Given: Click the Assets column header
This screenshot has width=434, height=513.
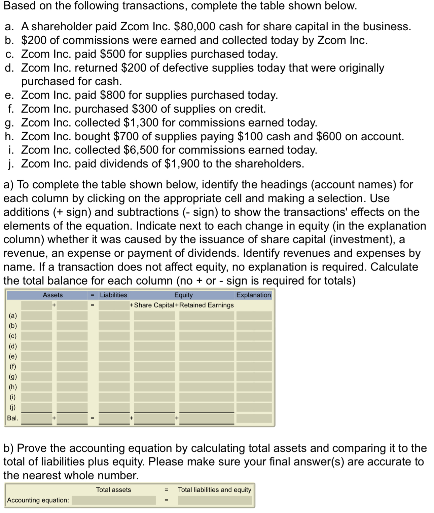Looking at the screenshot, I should pyautogui.click(x=52, y=295).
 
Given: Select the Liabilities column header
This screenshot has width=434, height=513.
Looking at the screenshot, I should pyautogui.click(x=113, y=295).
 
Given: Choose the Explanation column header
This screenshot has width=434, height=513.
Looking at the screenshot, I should pyautogui.click(x=253, y=295).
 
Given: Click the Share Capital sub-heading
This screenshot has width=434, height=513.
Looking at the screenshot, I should pyautogui.click(x=154, y=305).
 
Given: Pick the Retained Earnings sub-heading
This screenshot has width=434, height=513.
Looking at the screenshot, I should pyautogui.click(x=207, y=305).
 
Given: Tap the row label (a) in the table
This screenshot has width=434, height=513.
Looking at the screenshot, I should pyautogui.click(x=13, y=316).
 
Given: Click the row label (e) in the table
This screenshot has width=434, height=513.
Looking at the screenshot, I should pyautogui.click(x=13, y=356).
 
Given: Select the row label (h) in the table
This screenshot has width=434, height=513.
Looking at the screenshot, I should pyautogui.click(x=13, y=387).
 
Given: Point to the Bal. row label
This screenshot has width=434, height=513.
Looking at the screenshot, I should pyautogui.click(x=13, y=418).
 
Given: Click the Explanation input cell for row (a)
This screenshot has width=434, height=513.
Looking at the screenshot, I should pyautogui.click(x=254, y=316).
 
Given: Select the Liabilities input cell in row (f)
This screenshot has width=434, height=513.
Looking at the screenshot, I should pyautogui.click(x=114, y=367).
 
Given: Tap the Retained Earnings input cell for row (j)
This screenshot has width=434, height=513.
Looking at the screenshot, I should pyautogui.click(x=206, y=407).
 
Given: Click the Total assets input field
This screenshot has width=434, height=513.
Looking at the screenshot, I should pyautogui.click(x=114, y=500).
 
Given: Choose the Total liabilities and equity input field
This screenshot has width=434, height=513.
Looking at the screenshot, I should pyautogui.click(x=215, y=500).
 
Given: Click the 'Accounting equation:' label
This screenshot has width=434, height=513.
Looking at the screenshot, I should pyautogui.click(x=38, y=500).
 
